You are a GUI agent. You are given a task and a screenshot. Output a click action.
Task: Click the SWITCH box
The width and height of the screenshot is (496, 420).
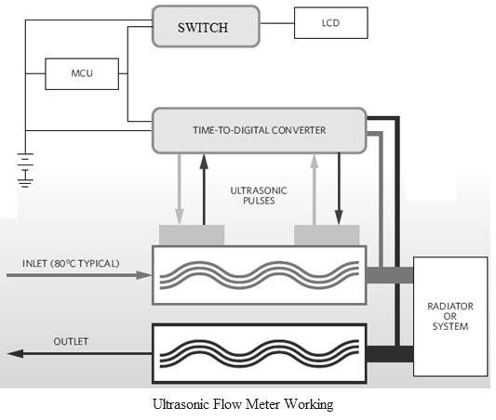click(202, 27)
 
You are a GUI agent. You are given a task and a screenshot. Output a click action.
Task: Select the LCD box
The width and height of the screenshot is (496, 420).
click(330, 22)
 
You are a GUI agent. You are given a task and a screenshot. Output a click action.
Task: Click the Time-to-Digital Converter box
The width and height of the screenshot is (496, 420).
click(260, 130)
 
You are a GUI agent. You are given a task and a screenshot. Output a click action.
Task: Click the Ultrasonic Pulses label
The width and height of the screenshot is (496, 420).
click(259, 194)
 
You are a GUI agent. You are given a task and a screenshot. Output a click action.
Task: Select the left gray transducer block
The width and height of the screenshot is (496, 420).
click(192, 235)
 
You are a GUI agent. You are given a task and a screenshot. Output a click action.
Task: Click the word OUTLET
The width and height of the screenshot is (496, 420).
click(71, 341)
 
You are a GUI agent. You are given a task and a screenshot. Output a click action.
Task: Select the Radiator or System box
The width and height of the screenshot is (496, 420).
click(450, 316)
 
